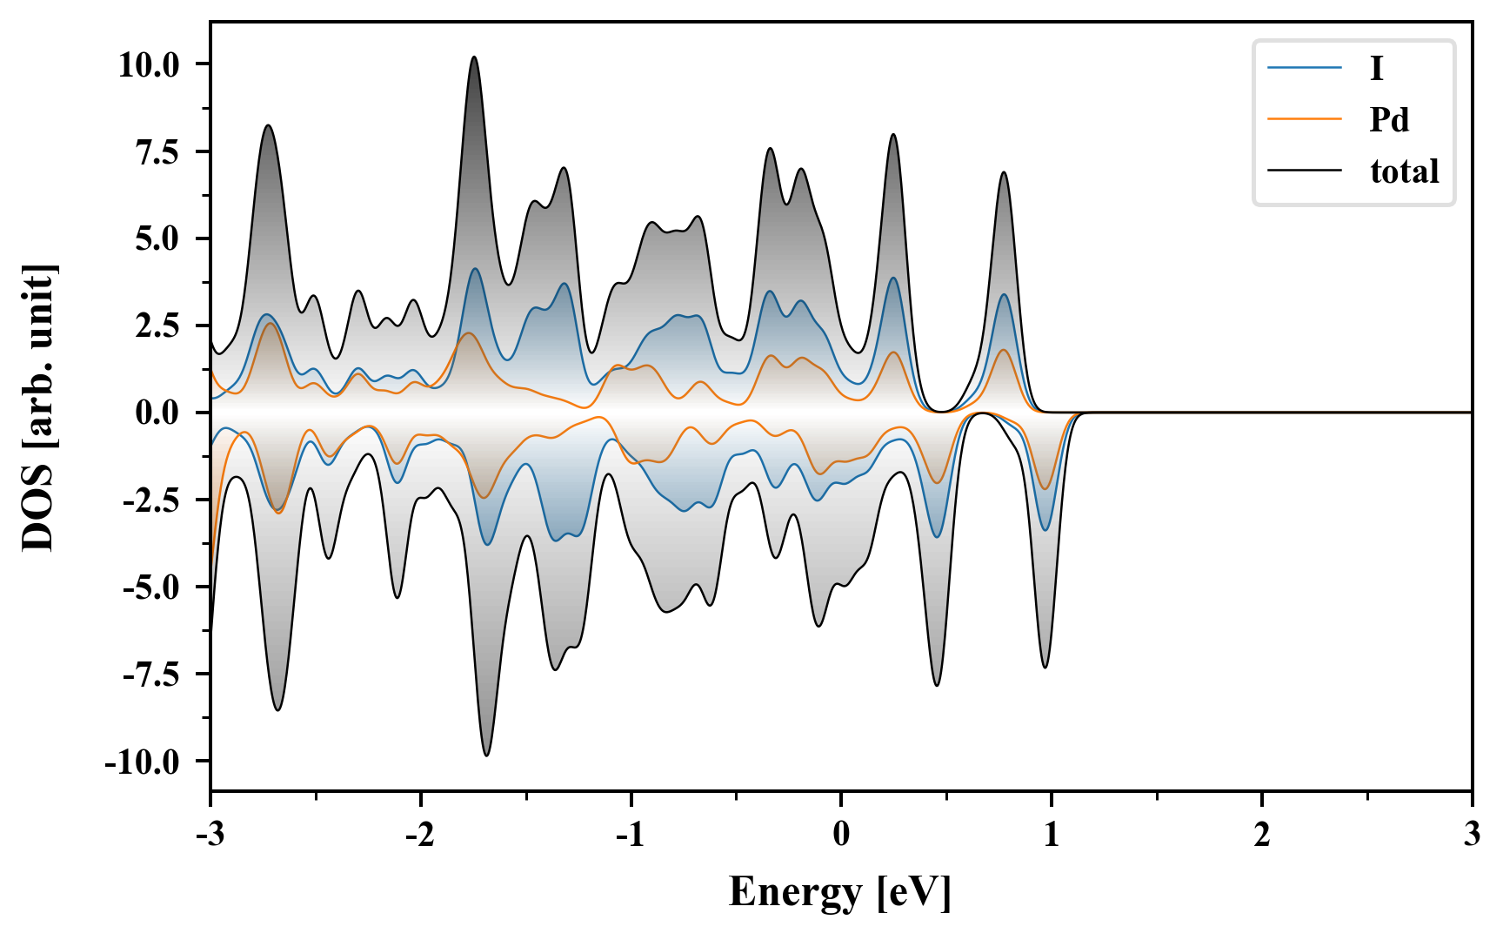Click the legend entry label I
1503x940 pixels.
(x=1376, y=69)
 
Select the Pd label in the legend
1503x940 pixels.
(x=1389, y=119)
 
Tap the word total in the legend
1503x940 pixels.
(x=1404, y=171)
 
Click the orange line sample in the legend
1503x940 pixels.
(x=1305, y=119)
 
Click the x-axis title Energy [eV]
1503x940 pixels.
(x=840, y=892)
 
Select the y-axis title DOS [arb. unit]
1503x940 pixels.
(x=38, y=407)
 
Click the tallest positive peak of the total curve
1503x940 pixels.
(x=474, y=57)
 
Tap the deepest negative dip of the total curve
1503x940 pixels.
(x=487, y=755)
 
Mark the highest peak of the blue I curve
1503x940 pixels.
(x=475, y=269)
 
